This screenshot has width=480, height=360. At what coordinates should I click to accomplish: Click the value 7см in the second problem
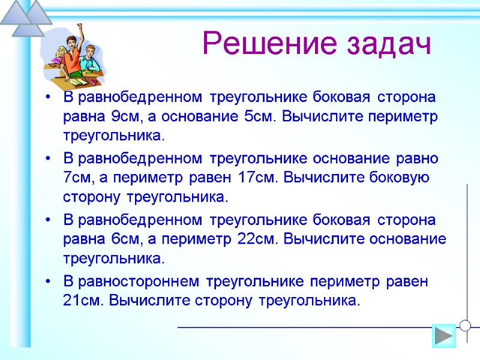click(x=76, y=178)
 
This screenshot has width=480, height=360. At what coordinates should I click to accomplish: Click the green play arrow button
click(x=444, y=335)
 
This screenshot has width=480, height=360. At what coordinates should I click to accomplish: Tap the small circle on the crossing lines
click(x=466, y=326)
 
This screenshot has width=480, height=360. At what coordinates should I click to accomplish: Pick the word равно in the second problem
click(x=418, y=159)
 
